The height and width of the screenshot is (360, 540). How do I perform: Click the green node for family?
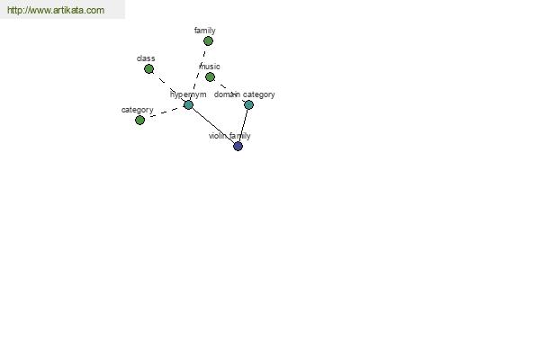click(x=208, y=41)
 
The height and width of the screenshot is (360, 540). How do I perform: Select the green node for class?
click(x=148, y=69)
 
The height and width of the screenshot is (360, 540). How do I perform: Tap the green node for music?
click(x=210, y=76)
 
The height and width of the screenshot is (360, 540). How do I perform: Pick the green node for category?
click(x=139, y=121)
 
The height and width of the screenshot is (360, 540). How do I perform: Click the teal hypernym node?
click(x=188, y=104)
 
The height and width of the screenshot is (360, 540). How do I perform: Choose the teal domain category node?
click(x=248, y=104)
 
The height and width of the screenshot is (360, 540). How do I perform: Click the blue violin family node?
click(x=238, y=146)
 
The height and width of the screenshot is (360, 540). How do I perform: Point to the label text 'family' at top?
click(x=205, y=31)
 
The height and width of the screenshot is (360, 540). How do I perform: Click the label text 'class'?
click(x=146, y=58)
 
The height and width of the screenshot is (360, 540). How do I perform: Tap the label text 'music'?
click(x=210, y=66)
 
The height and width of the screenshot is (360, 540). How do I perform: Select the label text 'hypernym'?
click(x=188, y=94)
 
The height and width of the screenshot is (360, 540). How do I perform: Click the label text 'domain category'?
click(x=245, y=94)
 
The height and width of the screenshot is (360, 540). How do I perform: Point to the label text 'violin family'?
click(x=229, y=136)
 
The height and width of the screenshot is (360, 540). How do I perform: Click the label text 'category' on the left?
click(x=138, y=110)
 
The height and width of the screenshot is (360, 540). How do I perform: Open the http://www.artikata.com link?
click(x=56, y=10)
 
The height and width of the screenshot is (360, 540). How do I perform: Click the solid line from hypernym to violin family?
click(x=212, y=125)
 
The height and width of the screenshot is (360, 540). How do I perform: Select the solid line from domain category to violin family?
click(x=244, y=125)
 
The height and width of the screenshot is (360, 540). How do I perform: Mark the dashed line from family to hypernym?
click(x=199, y=71)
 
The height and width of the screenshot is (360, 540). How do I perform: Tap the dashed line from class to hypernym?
click(x=168, y=86)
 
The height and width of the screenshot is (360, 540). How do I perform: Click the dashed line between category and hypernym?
click(x=164, y=112)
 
